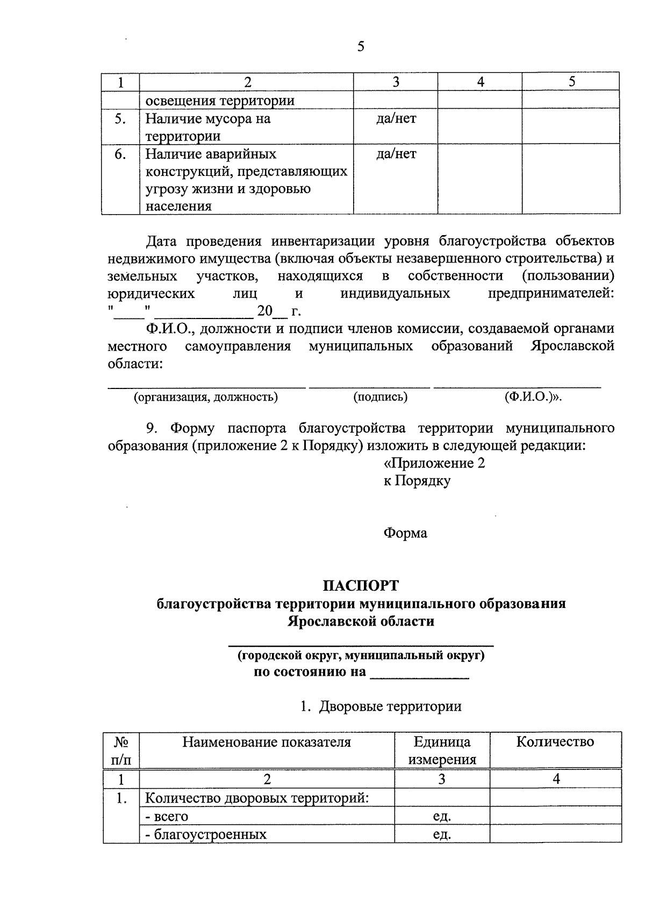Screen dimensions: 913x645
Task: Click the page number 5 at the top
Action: [x=361, y=47]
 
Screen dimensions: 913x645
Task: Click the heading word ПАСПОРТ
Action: [x=361, y=585]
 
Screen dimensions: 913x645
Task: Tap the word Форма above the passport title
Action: [x=405, y=533]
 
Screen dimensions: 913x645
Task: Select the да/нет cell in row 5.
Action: [x=396, y=119]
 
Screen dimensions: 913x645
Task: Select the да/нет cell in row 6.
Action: [x=396, y=154]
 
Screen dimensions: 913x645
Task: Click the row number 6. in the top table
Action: [x=120, y=154]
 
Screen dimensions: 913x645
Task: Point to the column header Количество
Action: [x=555, y=742]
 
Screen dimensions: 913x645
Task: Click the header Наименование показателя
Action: [x=267, y=742]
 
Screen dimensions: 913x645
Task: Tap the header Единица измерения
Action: [x=442, y=751]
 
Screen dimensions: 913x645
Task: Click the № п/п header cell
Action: [x=121, y=751]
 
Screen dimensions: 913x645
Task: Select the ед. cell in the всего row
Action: [x=442, y=816]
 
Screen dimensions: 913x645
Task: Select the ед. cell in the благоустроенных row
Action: [x=442, y=834]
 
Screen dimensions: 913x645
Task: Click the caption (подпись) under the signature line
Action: [x=380, y=397]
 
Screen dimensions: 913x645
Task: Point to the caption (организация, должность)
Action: [x=206, y=397]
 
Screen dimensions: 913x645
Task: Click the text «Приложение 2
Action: [x=434, y=463]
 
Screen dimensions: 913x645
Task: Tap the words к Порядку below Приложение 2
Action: [x=417, y=480]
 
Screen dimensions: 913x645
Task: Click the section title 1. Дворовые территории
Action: [x=381, y=706]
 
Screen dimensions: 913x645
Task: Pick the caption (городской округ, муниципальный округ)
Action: [x=361, y=655]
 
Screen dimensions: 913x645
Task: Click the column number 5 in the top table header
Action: [x=571, y=82]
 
